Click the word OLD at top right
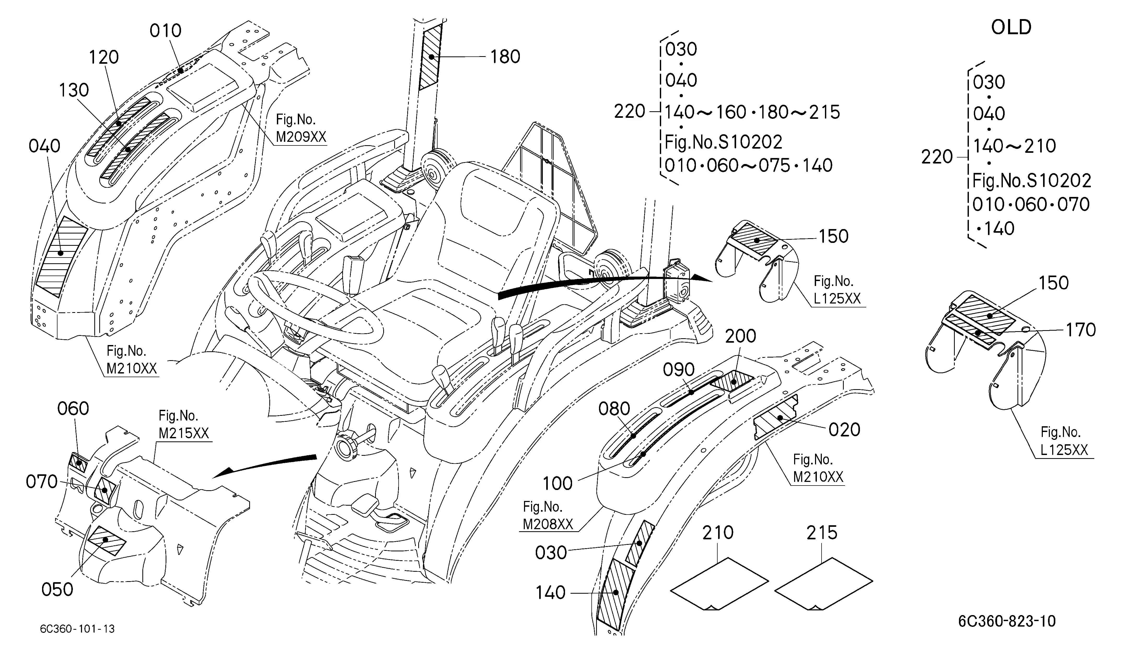[1011, 28]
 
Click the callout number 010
[165, 31]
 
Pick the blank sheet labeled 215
[824, 583]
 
